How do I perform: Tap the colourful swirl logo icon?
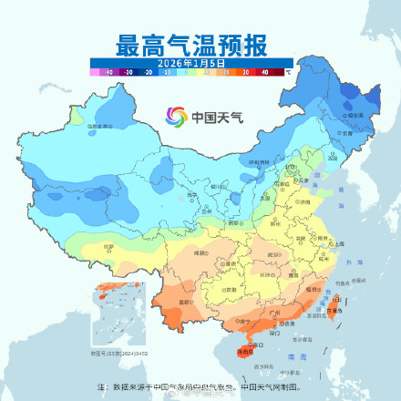pyautogui.click(x=175, y=117)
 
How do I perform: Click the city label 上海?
pyautogui.click(x=338, y=244)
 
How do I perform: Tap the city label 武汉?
pyautogui.click(x=272, y=254)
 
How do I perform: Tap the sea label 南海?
pyautogui.click(x=291, y=356)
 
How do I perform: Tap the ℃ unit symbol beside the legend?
pyautogui.click(x=288, y=70)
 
